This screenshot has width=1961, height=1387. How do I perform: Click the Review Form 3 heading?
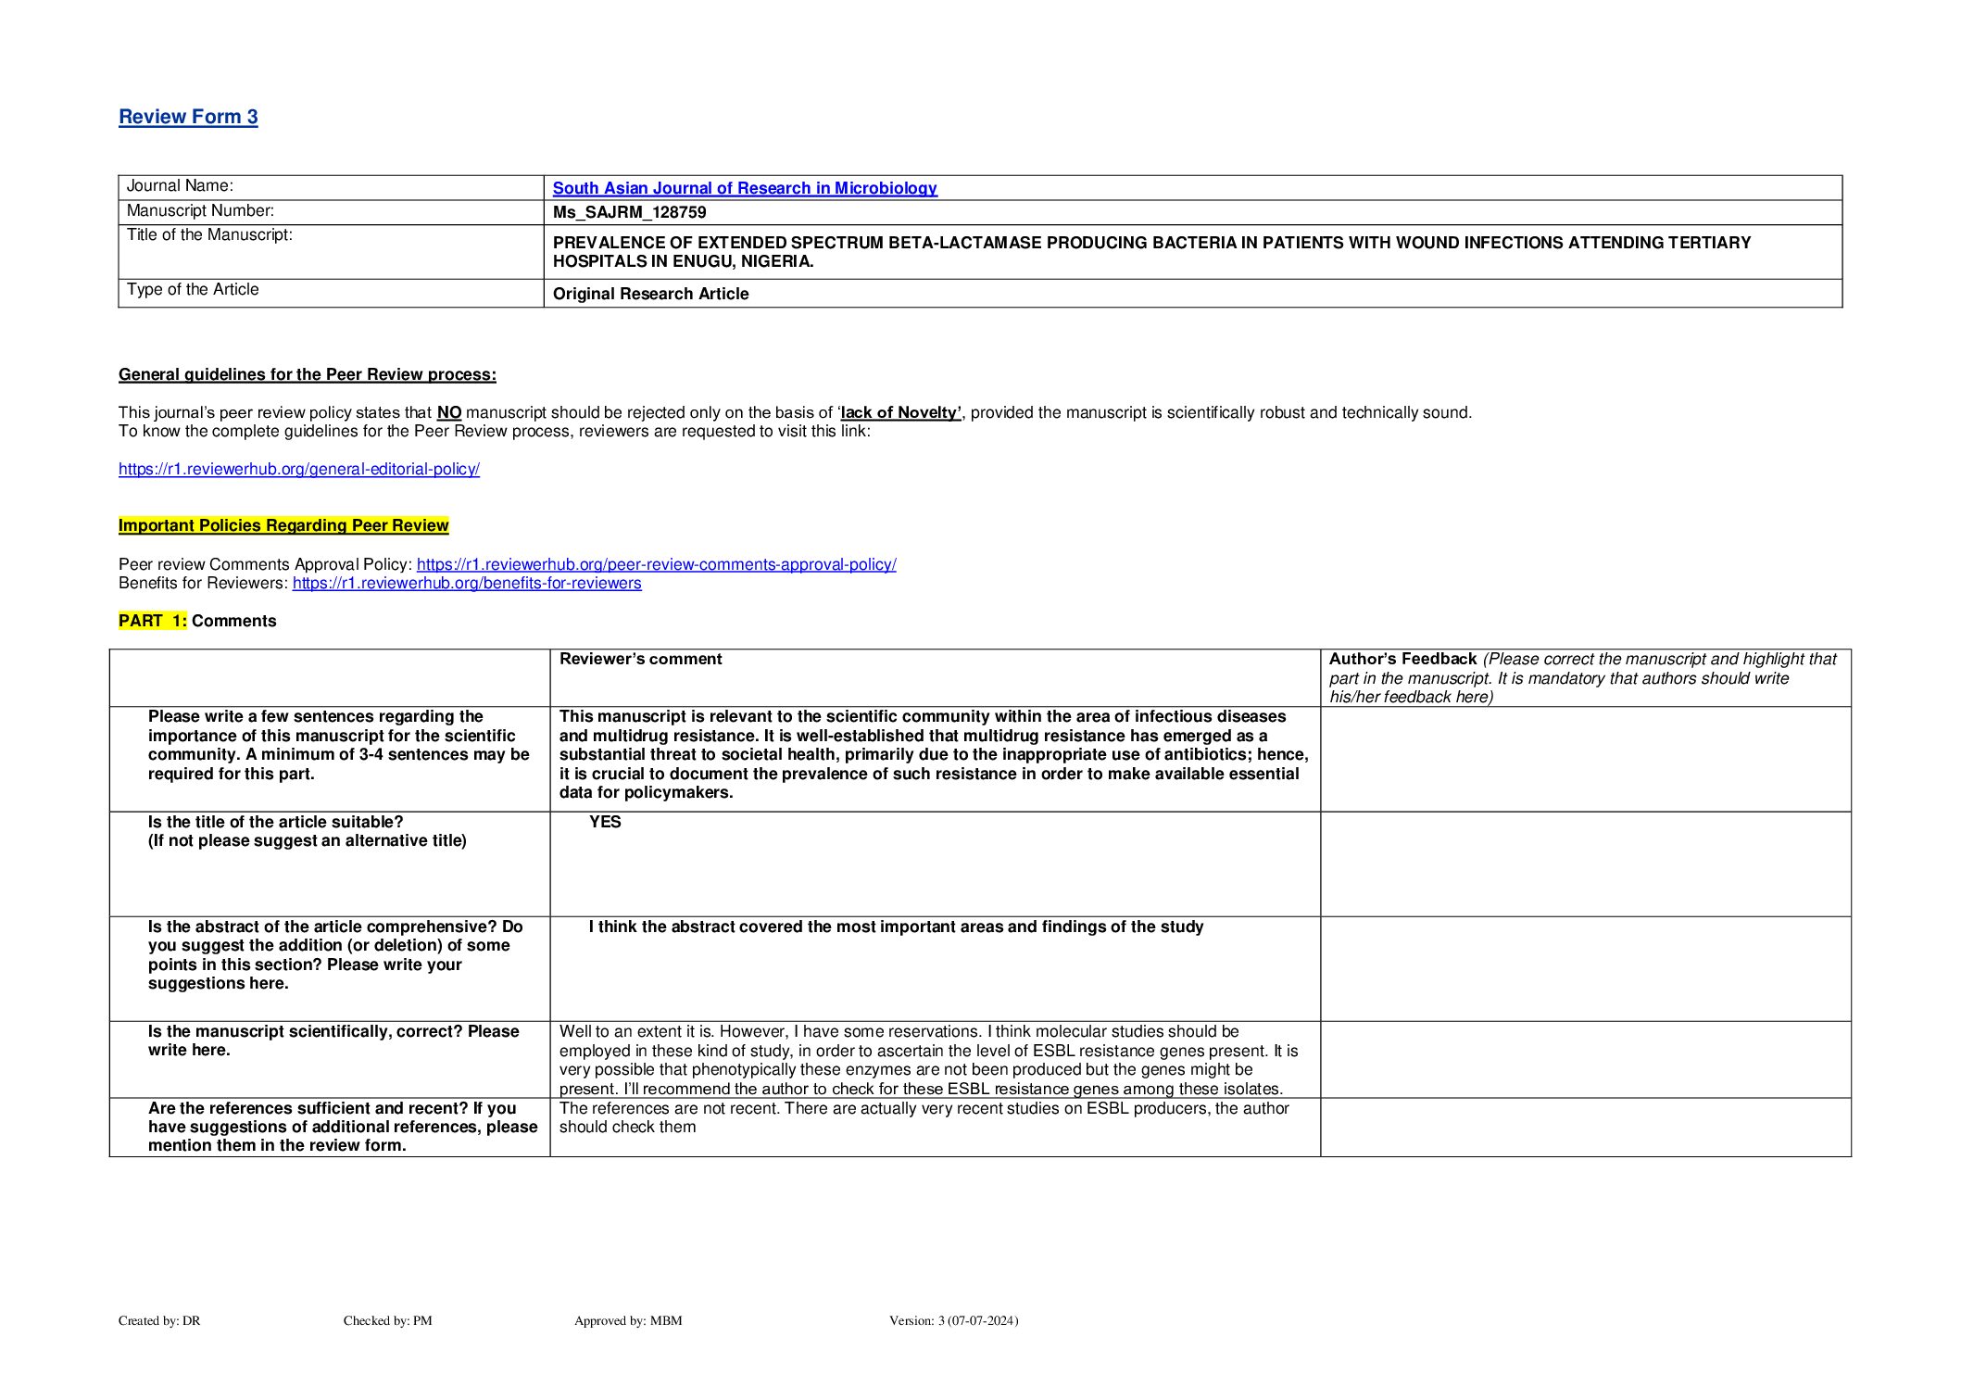click(188, 117)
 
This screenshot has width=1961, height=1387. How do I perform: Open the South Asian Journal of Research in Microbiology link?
click(745, 188)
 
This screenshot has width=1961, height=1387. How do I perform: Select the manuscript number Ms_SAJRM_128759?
click(629, 212)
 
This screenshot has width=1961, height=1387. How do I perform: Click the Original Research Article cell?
click(650, 294)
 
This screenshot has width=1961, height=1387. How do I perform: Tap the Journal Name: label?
click(180, 186)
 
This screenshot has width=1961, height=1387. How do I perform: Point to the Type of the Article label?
click(193, 290)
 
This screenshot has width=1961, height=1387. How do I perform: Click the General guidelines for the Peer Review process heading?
click(307, 374)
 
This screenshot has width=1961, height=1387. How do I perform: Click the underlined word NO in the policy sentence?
click(449, 413)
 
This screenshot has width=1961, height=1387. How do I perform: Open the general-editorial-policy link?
click(298, 469)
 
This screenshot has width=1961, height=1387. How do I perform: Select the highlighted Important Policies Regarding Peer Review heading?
click(283, 525)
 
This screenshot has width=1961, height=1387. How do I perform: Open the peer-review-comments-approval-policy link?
click(656, 564)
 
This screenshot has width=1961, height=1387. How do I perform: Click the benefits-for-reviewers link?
click(467, 583)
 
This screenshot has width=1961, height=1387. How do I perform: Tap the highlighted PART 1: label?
click(152, 621)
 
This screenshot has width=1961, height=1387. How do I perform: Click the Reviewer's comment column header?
click(640, 659)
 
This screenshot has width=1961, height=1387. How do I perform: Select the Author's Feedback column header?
click(1402, 659)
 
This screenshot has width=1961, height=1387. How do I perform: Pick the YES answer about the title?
click(605, 822)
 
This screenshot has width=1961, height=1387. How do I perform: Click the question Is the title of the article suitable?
click(276, 822)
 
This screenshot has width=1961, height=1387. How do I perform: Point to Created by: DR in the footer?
click(159, 1320)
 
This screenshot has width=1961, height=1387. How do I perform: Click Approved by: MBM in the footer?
click(628, 1320)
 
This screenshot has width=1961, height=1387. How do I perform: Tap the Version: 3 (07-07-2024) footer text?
click(953, 1320)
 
